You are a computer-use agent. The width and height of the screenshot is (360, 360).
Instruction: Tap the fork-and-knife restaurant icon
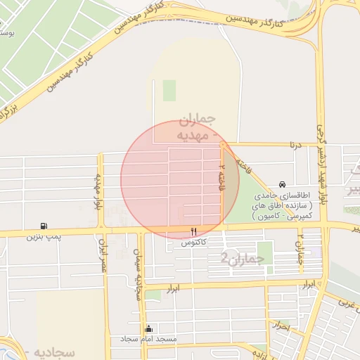tap(193, 231)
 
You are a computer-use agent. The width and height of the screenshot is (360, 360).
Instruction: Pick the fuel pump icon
tap(44, 226)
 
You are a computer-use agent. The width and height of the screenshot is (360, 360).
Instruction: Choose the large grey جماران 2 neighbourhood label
tap(243, 259)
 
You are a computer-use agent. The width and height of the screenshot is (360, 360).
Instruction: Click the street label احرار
tap(280, 326)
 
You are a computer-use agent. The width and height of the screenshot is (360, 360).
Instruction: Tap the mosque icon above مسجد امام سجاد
tap(148, 328)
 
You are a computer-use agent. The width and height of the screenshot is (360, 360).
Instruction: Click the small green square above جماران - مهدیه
tap(169, 91)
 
